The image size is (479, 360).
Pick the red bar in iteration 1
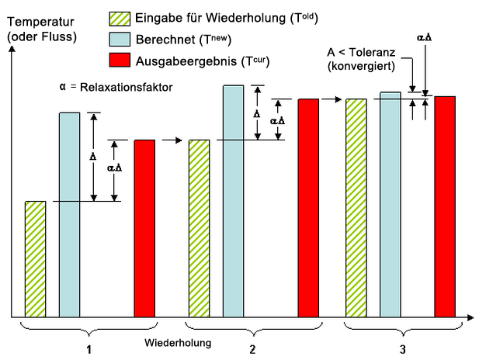144,228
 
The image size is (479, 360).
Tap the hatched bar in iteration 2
200,228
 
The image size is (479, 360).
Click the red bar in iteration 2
308,207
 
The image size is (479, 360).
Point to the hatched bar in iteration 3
356,207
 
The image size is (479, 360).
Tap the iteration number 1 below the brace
90,349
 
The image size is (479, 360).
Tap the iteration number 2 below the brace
253,349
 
